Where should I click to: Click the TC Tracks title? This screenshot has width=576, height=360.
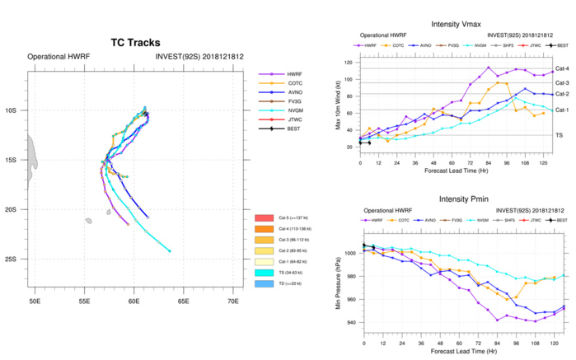135,43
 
